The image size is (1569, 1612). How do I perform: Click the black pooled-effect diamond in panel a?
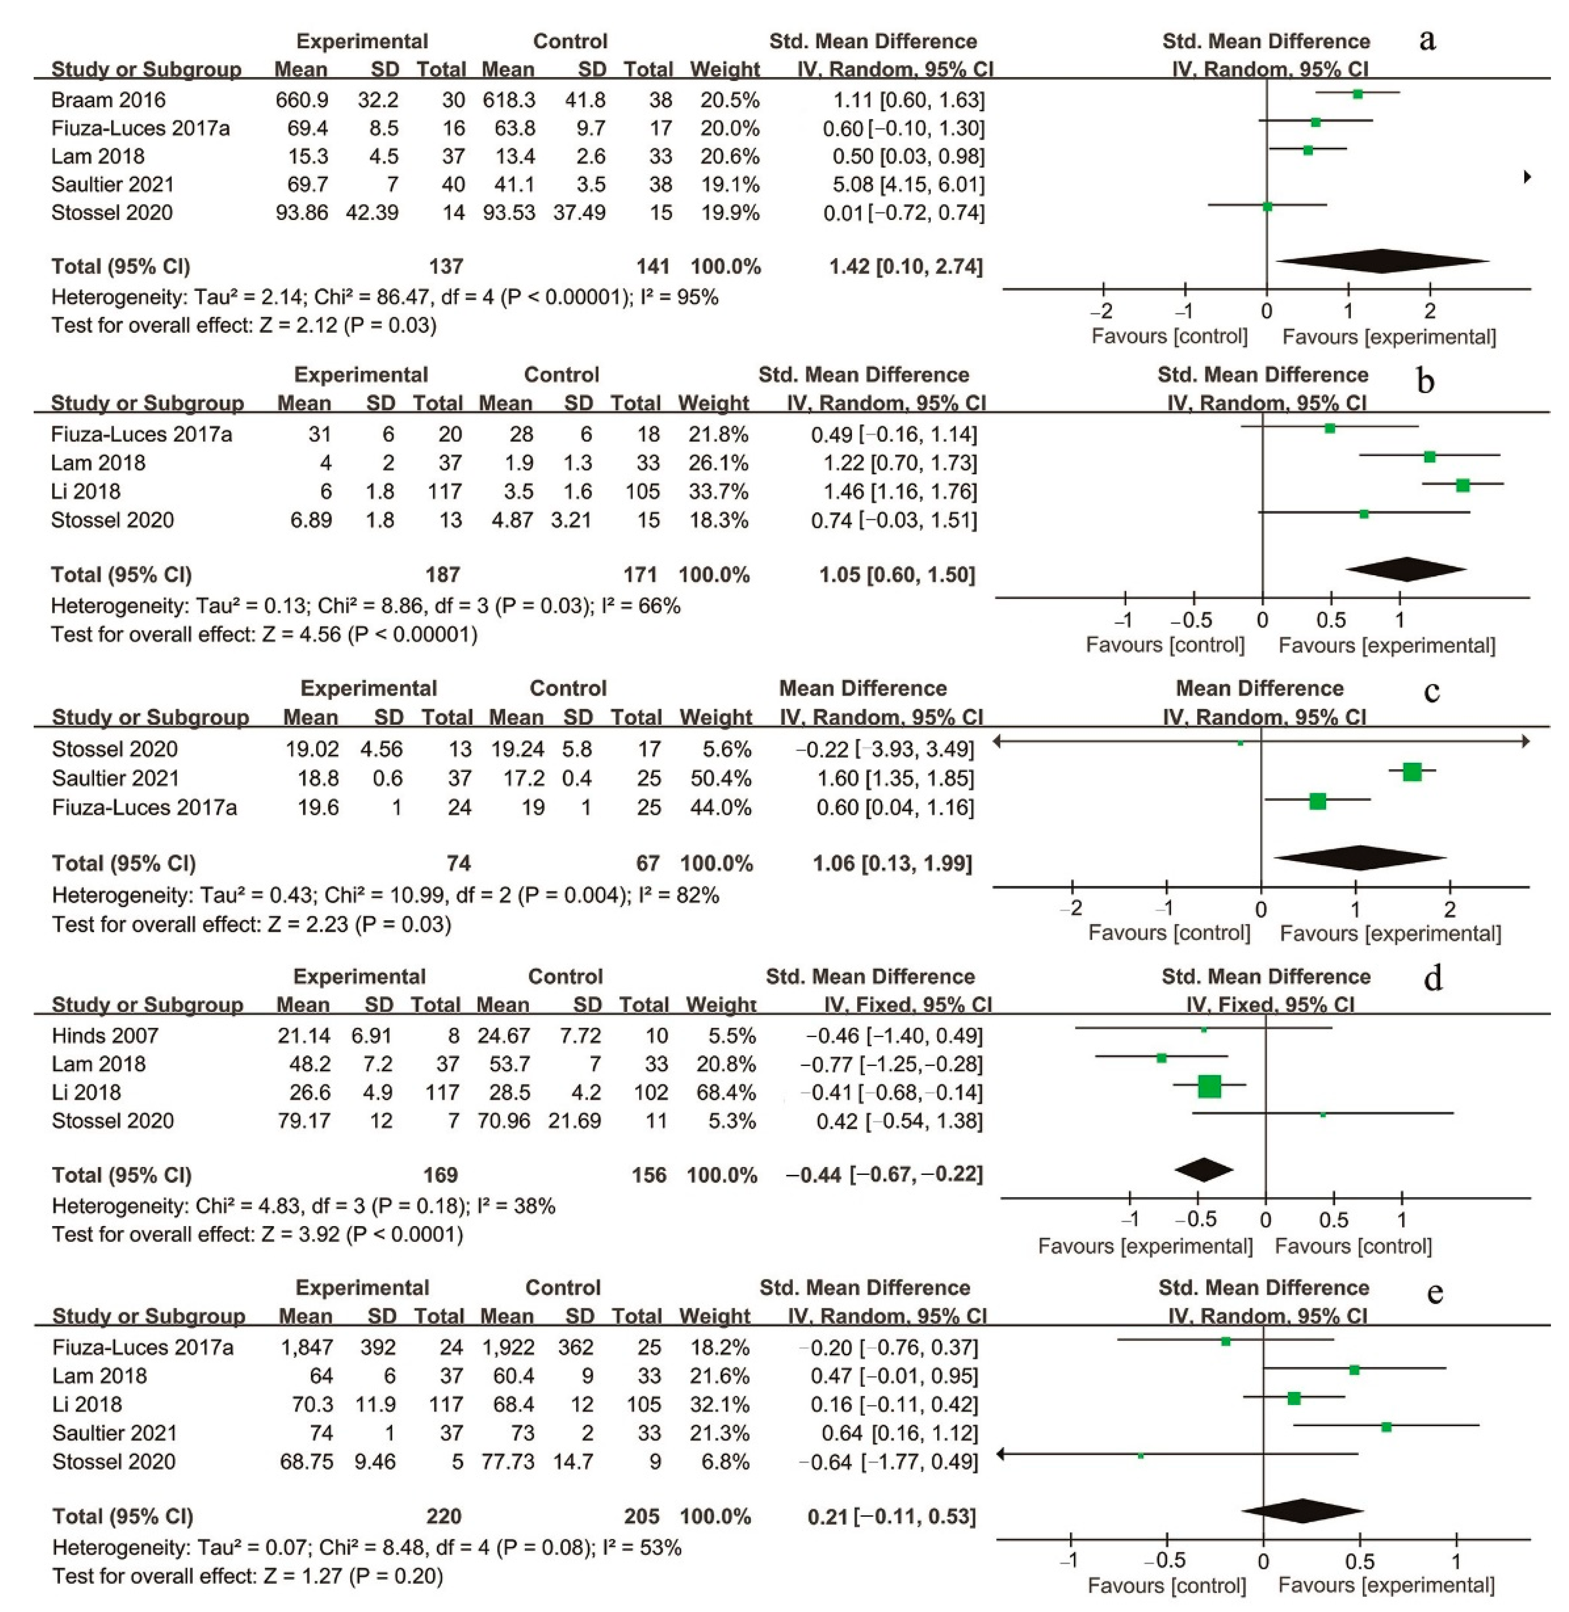point(1382,261)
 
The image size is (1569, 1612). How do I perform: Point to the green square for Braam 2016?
point(1357,94)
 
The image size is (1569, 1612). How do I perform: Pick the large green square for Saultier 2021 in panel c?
point(1411,772)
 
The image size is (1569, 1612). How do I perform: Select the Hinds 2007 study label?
point(105,1036)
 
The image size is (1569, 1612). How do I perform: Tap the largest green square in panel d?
point(1209,1086)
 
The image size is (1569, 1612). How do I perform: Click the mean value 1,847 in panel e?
point(306,1348)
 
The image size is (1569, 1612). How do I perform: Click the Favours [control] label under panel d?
point(1353,1246)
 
